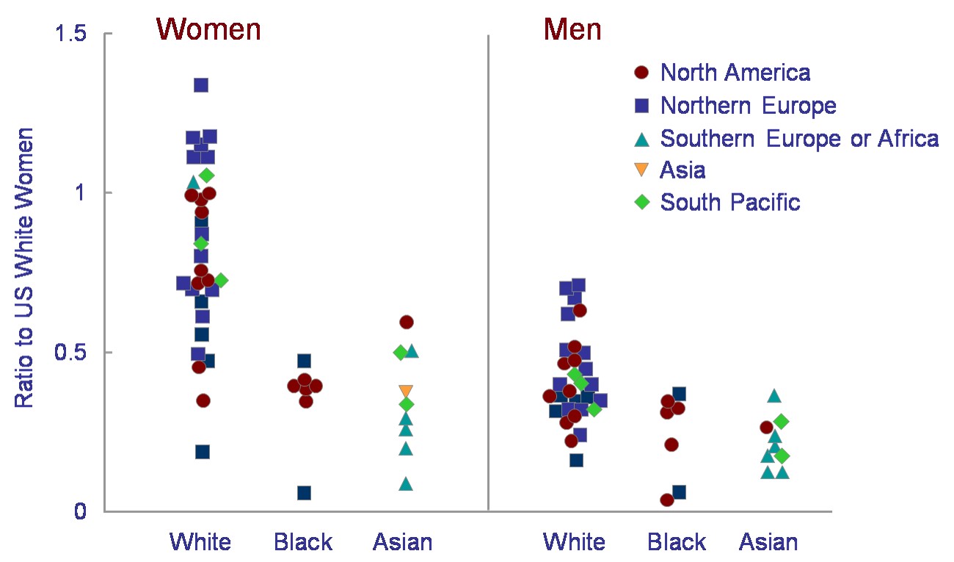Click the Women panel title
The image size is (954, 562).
coord(208,29)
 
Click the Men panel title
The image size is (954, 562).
coord(572,29)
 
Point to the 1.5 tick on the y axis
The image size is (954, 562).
coord(108,33)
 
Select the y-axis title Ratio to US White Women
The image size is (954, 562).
coord(23,268)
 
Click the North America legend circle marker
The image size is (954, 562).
coord(641,73)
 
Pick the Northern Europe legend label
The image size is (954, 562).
coord(749,105)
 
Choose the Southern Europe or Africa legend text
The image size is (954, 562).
coord(799,138)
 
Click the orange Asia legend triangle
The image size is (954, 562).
coord(641,169)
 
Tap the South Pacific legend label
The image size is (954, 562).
coord(730,202)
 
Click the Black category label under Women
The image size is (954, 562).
coord(303,542)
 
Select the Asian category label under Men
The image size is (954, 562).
coord(768,542)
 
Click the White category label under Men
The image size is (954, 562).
coord(574,542)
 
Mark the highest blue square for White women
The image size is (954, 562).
coord(201,85)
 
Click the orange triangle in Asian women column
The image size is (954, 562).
coord(406,391)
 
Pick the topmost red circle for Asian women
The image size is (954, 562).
coord(407,322)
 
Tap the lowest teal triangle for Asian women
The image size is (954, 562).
coord(406,484)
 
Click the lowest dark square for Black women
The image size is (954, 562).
coord(304,493)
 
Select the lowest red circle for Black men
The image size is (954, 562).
coord(667,500)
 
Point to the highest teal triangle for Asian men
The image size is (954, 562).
coord(774,396)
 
